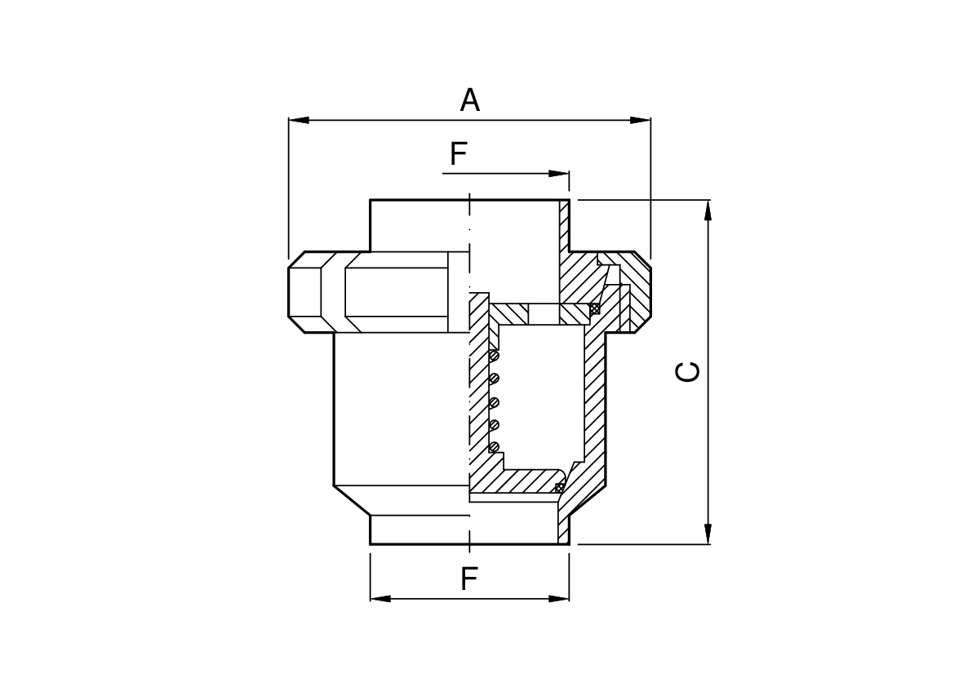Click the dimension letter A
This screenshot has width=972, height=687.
tap(469, 100)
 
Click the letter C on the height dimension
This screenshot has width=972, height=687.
tap(689, 371)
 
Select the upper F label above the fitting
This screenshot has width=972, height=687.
tap(458, 153)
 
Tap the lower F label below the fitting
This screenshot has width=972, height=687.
tap(468, 579)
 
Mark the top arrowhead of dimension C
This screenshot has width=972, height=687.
tap(708, 210)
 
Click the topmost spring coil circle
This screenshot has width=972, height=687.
tap(494, 356)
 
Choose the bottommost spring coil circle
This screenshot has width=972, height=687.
tap(494, 446)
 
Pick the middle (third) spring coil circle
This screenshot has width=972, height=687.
tap(494, 401)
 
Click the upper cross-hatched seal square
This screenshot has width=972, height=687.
tap(595, 308)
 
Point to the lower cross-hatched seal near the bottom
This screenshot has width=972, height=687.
tap(559, 488)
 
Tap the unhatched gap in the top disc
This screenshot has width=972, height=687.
tap(544, 313)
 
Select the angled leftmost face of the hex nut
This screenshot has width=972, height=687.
tap(297, 292)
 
